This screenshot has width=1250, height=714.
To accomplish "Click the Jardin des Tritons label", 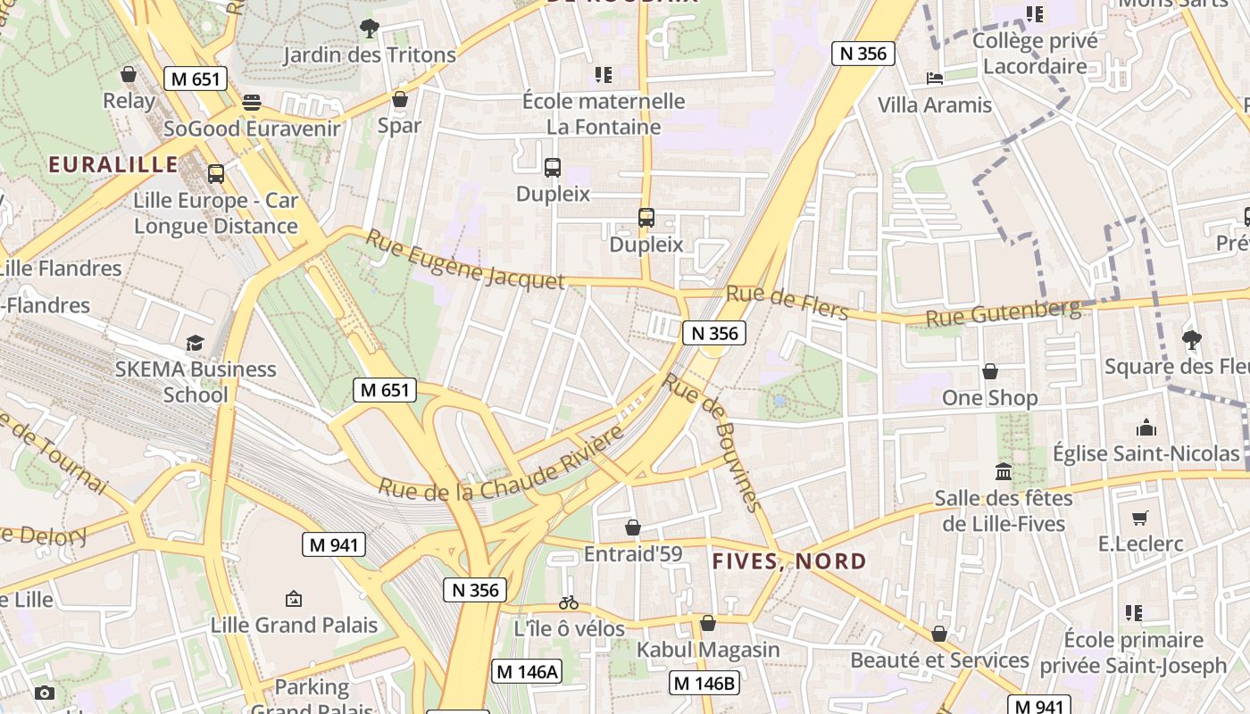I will [370, 55].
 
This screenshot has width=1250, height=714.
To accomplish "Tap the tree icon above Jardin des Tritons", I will [370, 29].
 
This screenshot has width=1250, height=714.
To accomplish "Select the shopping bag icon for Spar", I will [400, 98].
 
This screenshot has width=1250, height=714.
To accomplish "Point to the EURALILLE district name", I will [113, 164].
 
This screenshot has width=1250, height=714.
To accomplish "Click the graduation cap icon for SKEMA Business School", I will [195, 343].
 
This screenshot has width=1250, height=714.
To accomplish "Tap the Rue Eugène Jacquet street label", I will [465, 260].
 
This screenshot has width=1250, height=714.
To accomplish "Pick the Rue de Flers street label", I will [787, 303].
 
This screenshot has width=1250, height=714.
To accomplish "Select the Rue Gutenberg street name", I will [1003, 313].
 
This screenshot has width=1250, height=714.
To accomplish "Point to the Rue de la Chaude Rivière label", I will [501, 464].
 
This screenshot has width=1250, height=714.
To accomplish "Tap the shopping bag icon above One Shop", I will [989, 371].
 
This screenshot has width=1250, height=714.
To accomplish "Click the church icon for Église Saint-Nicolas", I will [1146, 428].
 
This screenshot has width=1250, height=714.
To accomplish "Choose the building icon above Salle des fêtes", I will [1004, 471].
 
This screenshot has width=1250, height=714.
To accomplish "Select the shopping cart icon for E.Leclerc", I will [1140, 518].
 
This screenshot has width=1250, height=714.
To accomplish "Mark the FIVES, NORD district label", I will [789, 561].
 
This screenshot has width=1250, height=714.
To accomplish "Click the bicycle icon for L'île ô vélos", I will [569, 602].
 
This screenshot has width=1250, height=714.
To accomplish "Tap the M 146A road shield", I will [527, 672].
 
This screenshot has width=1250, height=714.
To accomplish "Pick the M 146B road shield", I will [704, 684].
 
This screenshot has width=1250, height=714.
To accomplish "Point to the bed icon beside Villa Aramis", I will [935, 79].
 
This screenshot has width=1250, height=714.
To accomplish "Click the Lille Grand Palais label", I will [294, 625].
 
